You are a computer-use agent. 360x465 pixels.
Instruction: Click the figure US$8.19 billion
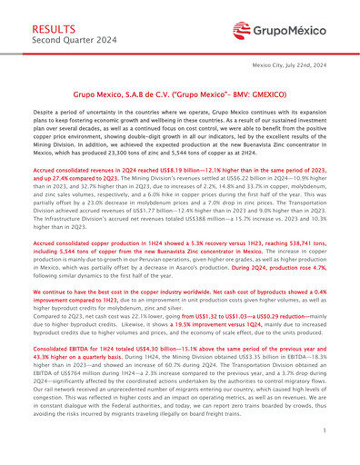[175, 169]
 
